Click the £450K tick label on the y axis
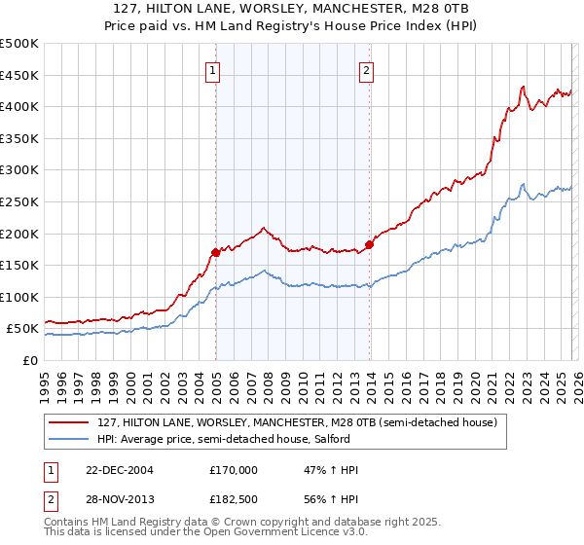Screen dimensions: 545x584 click(19, 75)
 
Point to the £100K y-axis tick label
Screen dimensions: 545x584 click(19, 297)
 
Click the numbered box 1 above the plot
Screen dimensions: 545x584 click(212, 69)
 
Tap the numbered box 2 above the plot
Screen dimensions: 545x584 click(367, 69)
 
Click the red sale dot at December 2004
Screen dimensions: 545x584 click(215, 252)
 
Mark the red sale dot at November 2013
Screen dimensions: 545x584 click(369, 244)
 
